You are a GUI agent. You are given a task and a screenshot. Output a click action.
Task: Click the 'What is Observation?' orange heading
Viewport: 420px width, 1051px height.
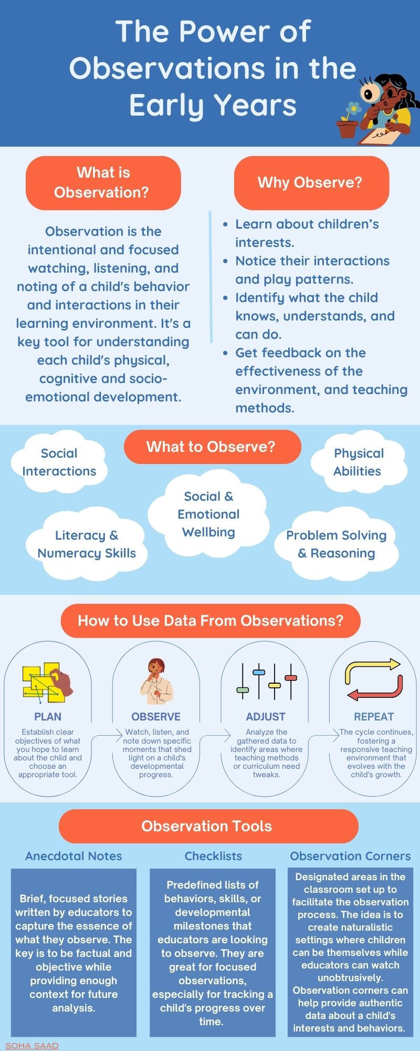(x=103, y=182)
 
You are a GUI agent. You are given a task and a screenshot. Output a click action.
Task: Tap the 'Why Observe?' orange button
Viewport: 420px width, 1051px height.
(x=311, y=182)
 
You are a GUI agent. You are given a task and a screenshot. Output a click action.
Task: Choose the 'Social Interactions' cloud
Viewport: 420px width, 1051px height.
(x=59, y=462)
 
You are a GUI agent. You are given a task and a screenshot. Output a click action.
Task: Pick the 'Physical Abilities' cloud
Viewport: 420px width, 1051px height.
(x=359, y=462)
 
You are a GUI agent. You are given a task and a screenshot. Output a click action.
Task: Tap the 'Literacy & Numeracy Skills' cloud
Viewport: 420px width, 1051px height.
(x=87, y=544)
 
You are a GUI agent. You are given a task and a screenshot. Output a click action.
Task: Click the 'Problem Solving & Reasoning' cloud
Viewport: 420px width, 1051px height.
(x=336, y=544)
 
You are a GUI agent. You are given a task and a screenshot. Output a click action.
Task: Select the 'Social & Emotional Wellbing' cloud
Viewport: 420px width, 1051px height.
(x=208, y=514)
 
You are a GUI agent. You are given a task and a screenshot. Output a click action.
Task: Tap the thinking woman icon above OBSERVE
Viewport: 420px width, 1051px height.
(x=156, y=681)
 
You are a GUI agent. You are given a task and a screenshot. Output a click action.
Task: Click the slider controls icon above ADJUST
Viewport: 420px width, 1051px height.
(x=266, y=681)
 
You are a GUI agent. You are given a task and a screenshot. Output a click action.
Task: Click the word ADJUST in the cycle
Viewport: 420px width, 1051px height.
(x=266, y=717)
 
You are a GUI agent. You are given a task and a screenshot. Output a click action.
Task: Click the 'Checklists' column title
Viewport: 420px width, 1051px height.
(x=213, y=856)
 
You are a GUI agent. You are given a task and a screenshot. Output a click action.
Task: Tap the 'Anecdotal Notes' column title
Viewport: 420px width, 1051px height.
(x=73, y=856)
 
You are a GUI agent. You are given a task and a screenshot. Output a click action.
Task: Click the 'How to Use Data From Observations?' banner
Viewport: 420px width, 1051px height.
(x=210, y=621)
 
